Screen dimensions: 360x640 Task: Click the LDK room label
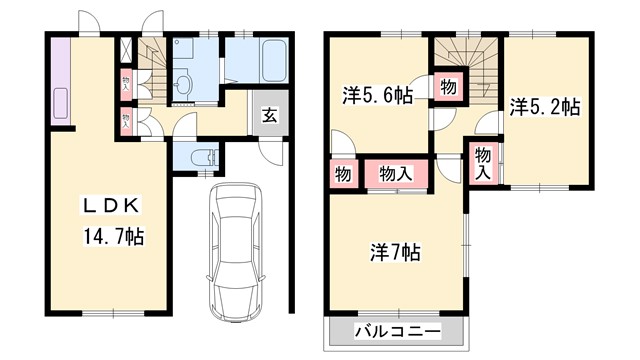coord(113,206)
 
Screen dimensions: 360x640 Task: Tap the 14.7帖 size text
coord(113,238)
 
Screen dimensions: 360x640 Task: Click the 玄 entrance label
coord(270,113)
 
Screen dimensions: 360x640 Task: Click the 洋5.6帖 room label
coord(377,96)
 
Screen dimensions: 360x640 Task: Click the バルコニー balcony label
coord(397,331)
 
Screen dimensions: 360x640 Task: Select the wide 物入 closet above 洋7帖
coord(399,174)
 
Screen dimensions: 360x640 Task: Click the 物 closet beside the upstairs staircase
coord(449,87)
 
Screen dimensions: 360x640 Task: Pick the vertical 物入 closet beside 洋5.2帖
coord(483,162)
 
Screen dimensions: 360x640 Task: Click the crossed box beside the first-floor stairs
coord(126,49)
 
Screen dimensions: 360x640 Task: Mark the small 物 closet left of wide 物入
coord(343,174)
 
